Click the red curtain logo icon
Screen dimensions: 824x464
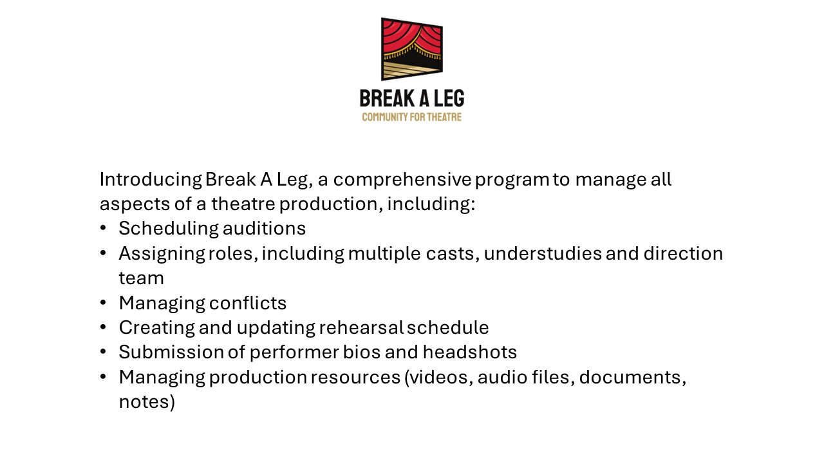tap(411, 49)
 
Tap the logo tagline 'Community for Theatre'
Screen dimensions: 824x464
tap(411, 117)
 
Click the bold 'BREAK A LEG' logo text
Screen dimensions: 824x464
tap(411, 99)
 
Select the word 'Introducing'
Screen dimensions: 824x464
tap(151, 180)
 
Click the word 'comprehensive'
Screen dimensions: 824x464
tap(402, 180)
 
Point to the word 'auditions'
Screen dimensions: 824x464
tap(264, 228)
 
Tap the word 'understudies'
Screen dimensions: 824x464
tap(543, 253)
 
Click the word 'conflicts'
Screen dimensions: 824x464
tap(248, 303)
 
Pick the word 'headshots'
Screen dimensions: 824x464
tap(470, 352)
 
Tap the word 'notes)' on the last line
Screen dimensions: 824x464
tap(147, 401)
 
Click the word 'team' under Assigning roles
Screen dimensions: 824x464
tap(141, 278)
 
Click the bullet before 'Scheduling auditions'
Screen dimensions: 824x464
tap(103, 228)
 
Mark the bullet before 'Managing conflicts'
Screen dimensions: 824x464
tap(103, 303)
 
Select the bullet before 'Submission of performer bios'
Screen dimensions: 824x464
tap(103, 352)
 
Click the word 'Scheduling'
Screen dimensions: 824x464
tap(169, 229)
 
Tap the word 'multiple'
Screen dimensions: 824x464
tap(384, 254)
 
